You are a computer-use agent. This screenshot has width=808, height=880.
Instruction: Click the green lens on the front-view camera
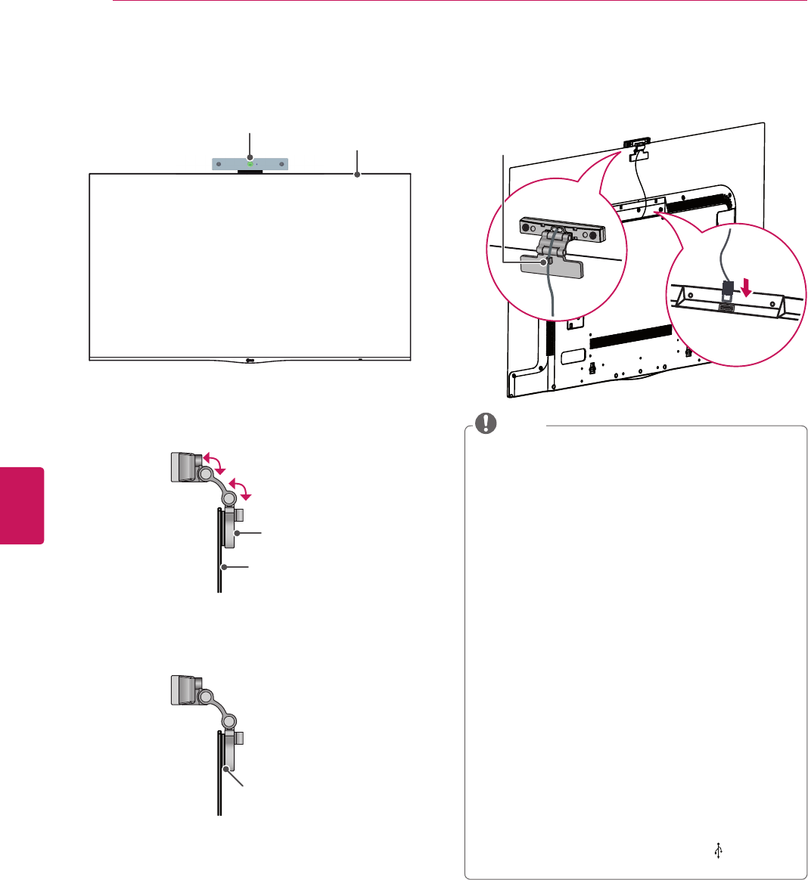[x=250, y=163]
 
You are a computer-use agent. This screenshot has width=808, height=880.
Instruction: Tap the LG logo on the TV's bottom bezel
[x=250, y=358]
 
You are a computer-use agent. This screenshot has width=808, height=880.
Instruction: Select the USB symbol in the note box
[x=718, y=851]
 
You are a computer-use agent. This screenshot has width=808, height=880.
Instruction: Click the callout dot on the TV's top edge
[x=357, y=175]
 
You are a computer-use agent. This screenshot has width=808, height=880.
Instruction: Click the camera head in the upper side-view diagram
[x=182, y=466]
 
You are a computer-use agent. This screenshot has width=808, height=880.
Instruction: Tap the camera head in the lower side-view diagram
[x=182, y=689]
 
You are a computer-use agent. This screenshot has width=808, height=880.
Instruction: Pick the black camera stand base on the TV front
[x=250, y=172]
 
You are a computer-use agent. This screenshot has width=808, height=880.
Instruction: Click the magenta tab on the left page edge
[x=22, y=505]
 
